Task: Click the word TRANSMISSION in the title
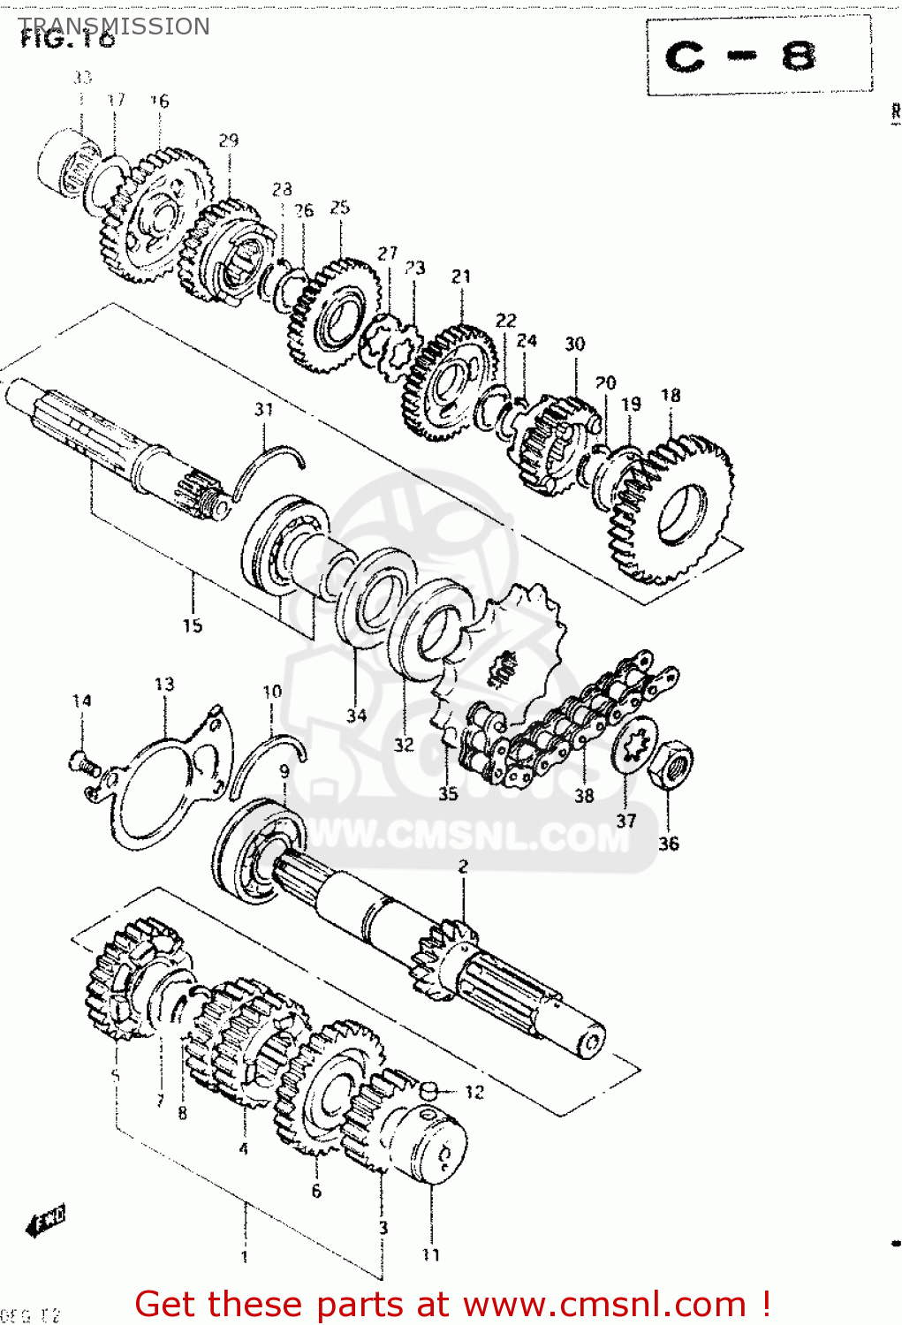click(x=115, y=26)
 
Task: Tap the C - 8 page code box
click(x=758, y=57)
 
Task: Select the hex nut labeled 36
click(x=671, y=763)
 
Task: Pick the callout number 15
click(x=193, y=625)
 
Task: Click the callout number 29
click(x=229, y=140)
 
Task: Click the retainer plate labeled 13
click(x=168, y=777)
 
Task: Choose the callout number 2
click(x=463, y=867)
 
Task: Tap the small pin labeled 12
click(x=430, y=1091)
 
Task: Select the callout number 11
click(x=430, y=1254)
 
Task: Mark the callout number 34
click(x=356, y=715)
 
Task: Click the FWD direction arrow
click(x=46, y=1221)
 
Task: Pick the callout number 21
click(x=461, y=276)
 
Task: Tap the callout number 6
click(x=316, y=1191)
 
